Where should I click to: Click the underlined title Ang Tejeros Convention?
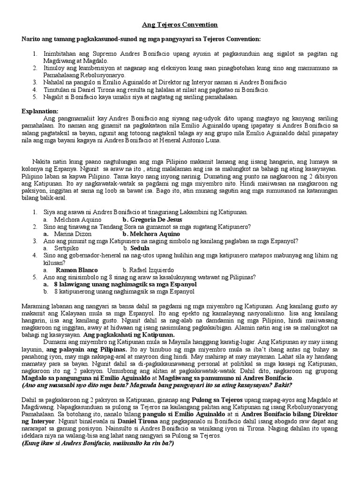point(180,24)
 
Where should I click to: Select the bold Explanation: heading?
point(40,111)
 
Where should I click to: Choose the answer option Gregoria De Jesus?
point(152,219)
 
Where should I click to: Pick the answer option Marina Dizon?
point(73,233)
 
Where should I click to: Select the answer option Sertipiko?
point(67,247)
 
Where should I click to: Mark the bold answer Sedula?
point(140,247)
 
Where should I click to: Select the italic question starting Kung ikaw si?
point(97,443)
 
